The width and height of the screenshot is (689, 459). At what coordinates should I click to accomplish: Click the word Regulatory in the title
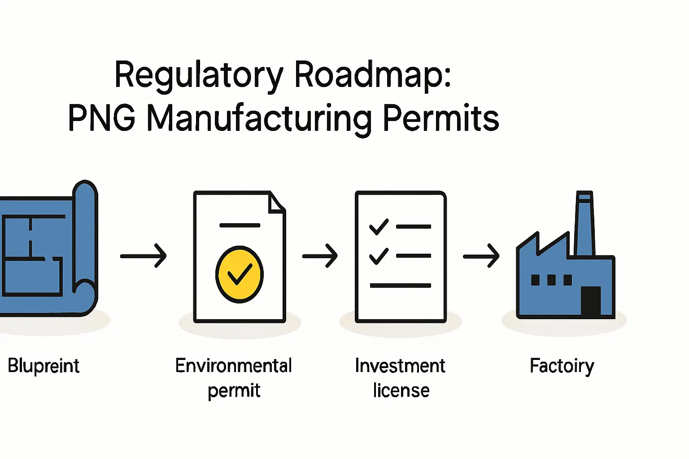tap(199, 75)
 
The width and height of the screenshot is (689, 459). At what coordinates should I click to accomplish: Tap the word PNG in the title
tap(101, 118)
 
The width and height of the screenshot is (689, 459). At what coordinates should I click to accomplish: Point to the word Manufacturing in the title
tap(259, 118)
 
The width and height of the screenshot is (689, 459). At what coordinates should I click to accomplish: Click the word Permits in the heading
tap(441, 118)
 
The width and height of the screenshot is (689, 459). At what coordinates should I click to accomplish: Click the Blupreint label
tap(44, 366)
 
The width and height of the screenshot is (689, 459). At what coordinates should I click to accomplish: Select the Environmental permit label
tap(234, 378)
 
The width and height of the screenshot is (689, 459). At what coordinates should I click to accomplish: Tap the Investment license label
tap(400, 378)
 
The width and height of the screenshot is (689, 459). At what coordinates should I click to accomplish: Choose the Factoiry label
tap(562, 366)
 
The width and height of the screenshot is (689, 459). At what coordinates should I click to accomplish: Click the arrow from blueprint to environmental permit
tap(144, 256)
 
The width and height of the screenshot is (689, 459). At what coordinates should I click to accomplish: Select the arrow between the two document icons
tap(320, 256)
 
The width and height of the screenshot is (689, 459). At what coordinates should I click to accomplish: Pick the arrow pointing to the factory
tap(481, 256)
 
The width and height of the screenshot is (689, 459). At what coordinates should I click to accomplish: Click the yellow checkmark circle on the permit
tap(239, 274)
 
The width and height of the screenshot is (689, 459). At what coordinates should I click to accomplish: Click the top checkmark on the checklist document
tap(379, 226)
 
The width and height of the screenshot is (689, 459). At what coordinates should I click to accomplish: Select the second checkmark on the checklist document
tap(379, 255)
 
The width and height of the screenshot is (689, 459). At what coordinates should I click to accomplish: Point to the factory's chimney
tap(584, 224)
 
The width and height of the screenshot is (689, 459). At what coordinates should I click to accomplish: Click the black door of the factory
tap(591, 301)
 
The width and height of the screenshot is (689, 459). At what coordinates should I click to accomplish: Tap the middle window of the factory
tap(551, 280)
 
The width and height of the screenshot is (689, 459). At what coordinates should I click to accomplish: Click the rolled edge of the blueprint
tap(85, 247)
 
